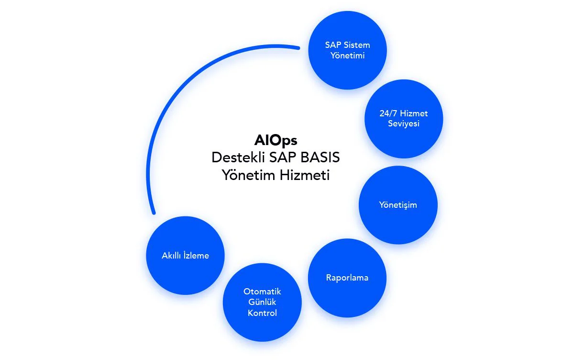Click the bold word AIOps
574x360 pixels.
pyautogui.click(x=276, y=140)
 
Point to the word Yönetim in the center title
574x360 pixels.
pyautogui.click(x=248, y=175)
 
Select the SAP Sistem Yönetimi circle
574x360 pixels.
pyautogui.click(x=348, y=50)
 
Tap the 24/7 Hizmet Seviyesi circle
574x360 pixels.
pyautogui.click(x=403, y=119)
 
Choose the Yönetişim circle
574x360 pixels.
pyautogui.click(x=397, y=205)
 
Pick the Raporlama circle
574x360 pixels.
pyautogui.click(x=347, y=278)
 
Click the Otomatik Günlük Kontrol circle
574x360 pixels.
pyautogui.click(x=262, y=302)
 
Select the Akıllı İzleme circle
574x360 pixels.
pyautogui.click(x=185, y=255)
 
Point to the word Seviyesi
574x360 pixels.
pyautogui.click(x=403, y=124)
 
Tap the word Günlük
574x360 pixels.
pyautogui.click(x=262, y=302)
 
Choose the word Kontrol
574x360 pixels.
pyautogui.click(x=262, y=313)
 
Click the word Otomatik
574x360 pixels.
pyautogui.click(x=262, y=292)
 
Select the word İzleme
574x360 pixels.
pyautogui.click(x=196, y=255)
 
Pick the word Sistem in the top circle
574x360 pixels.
pyautogui.click(x=358, y=45)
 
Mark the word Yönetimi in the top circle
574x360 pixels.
pyautogui.click(x=348, y=56)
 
